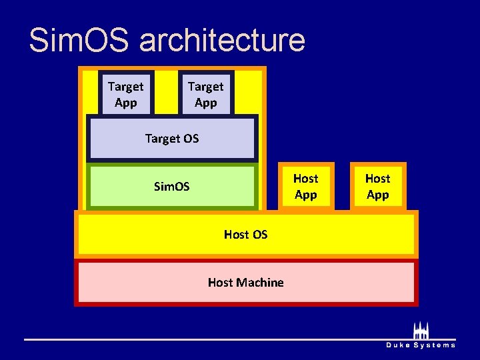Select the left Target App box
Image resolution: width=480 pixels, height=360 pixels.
[x=125, y=94]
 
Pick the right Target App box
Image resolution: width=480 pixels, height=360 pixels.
[x=205, y=94]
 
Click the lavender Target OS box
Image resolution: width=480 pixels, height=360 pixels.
[x=172, y=139]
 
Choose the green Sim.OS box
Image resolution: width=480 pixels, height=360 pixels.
[x=172, y=187]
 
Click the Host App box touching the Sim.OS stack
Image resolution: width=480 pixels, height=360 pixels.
[x=305, y=187]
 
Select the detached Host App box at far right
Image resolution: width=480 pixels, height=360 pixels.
[x=377, y=187]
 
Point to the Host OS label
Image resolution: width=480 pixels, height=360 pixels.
[x=245, y=234]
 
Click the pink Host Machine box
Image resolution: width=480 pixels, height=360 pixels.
[x=245, y=283]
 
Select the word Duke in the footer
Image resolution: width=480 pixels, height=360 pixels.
[x=398, y=345]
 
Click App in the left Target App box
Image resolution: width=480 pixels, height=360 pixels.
[x=125, y=103]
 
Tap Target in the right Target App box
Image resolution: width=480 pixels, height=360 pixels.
[x=205, y=86]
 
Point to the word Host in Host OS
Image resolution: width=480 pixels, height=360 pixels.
[x=236, y=234]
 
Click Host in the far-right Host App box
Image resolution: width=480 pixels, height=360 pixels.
[x=377, y=178]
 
